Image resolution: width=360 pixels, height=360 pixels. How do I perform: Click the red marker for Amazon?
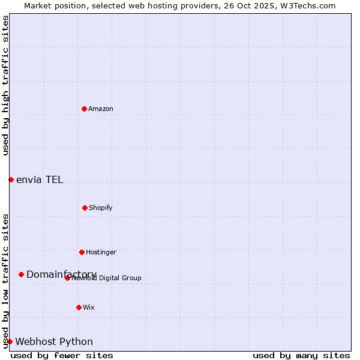click(84, 109)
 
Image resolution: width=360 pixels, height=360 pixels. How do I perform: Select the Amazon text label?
click(101, 109)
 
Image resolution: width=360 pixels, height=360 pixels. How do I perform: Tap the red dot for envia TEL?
click(11, 179)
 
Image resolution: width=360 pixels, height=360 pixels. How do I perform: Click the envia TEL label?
click(40, 180)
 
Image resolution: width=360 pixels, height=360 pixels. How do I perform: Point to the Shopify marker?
click(85, 208)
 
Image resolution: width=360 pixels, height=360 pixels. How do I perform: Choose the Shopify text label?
click(101, 208)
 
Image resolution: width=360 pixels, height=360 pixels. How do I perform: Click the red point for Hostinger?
click(82, 252)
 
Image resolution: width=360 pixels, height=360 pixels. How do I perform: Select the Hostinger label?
click(101, 252)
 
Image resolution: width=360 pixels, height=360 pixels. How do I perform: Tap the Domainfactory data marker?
click(21, 274)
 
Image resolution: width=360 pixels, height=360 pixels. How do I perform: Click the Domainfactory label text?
click(61, 274)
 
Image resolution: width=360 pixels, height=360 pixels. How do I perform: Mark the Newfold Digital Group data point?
click(67, 278)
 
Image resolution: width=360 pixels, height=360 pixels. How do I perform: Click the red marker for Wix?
click(79, 307)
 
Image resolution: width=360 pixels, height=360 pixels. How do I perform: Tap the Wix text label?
click(89, 307)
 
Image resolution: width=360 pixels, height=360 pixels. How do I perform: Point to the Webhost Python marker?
click(10, 341)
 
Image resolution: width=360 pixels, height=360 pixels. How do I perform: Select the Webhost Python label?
click(54, 342)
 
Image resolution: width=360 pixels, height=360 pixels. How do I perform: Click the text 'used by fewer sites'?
click(62, 356)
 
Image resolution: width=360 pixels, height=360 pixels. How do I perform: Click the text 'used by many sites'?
click(301, 356)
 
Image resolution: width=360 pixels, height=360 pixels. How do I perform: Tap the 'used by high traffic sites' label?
click(5, 86)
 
